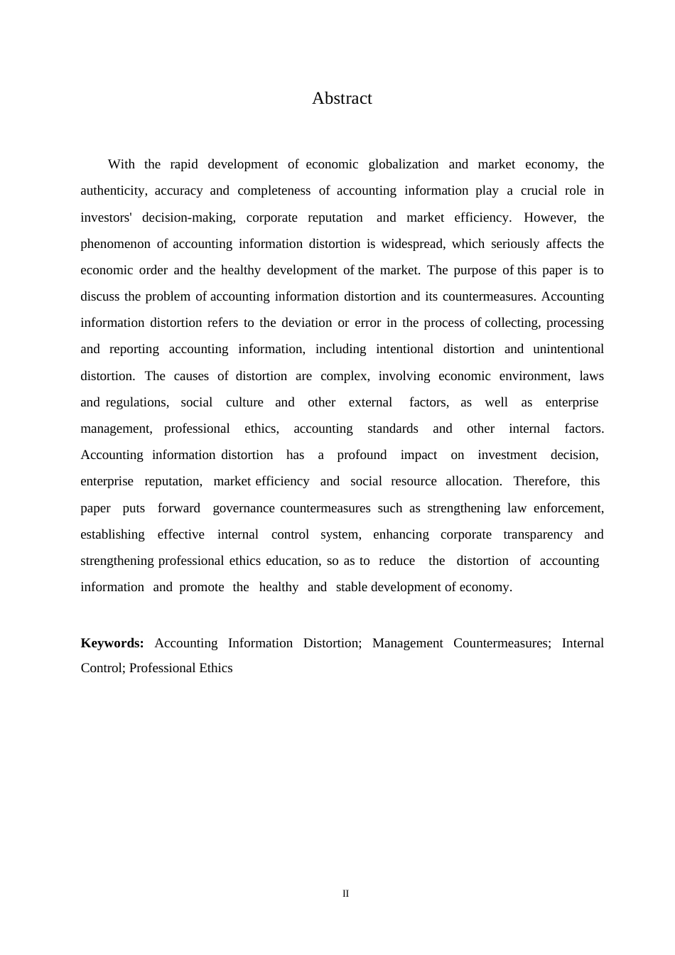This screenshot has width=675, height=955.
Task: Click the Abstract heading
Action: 342,98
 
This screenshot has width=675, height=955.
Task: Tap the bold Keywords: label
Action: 112,643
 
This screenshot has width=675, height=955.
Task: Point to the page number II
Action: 345,894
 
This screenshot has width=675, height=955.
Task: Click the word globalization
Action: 404,164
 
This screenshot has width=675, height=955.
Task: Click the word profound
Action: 362,455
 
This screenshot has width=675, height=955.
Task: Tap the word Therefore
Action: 541,481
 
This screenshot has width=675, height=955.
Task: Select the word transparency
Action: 538,534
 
